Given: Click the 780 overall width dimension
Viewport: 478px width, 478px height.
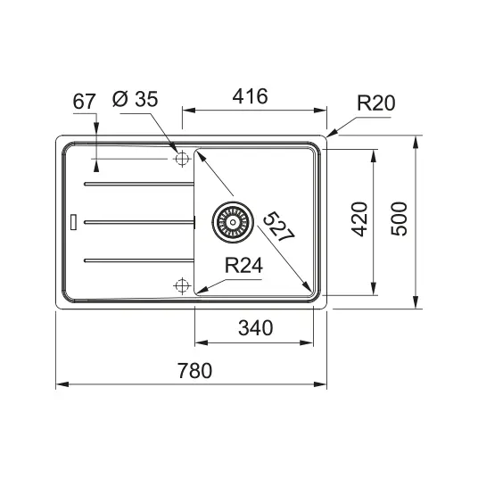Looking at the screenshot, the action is point(194,371).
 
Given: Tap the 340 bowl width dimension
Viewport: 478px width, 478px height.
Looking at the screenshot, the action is point(255,328).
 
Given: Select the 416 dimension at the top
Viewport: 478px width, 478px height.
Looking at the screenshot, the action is point(250,96).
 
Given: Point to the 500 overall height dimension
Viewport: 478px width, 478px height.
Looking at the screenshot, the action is point(399,218).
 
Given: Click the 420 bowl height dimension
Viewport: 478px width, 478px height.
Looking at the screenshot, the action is point(359,218).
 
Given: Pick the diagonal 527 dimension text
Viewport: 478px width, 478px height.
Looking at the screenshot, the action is point(279,227).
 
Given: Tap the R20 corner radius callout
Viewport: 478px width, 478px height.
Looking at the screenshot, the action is point(375,103).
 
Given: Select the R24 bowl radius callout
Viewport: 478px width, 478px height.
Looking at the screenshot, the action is point(243,265).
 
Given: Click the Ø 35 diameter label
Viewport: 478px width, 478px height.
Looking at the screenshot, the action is point(135,99).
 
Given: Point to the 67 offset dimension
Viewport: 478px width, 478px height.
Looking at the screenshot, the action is point(84,102).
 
